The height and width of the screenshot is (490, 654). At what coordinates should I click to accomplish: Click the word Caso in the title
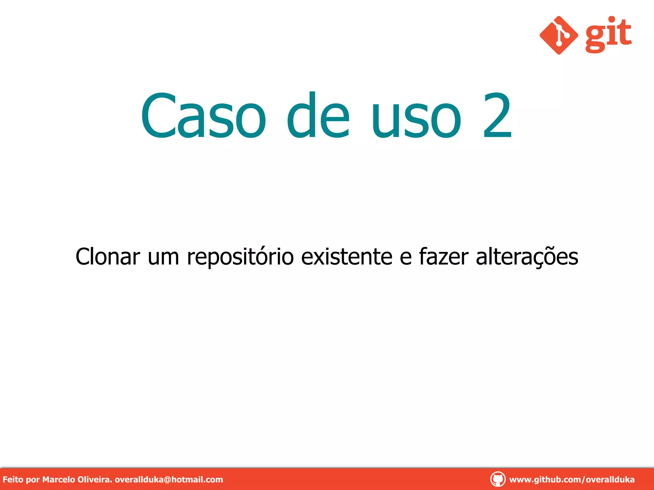coord(203,115)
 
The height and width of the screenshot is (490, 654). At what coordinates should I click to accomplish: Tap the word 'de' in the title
coord(318,115)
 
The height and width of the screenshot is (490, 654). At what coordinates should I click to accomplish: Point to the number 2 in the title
coord(498,115)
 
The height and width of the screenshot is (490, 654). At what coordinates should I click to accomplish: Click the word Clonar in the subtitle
coord(108,256)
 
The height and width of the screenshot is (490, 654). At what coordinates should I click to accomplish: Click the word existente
coord(347,256)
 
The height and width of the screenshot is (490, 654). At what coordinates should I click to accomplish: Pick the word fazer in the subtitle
coord(444,256)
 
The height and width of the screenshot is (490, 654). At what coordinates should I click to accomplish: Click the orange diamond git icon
coord(559,35)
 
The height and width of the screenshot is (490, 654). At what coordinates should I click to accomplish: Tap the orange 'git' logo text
coord(608,34)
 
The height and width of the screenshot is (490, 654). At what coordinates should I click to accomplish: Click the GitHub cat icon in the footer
coord(498,479)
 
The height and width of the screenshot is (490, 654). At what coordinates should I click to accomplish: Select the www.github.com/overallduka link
coord(572,479)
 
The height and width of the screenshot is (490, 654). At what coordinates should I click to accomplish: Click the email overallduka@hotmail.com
coord(169,479)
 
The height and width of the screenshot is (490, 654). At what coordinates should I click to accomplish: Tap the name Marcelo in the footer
coord(59,479)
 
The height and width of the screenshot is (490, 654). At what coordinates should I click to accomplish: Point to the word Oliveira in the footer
coord(95,479)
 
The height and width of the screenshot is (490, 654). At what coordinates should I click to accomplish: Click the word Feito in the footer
coord(13,479)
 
